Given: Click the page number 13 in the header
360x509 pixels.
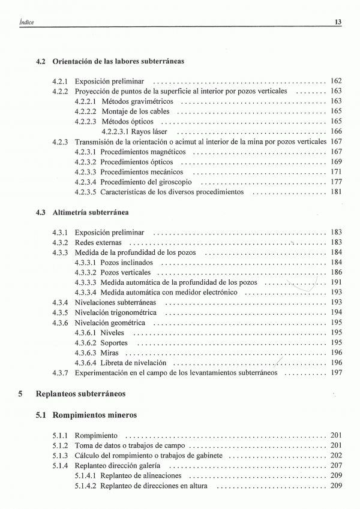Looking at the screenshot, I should pos(338,22).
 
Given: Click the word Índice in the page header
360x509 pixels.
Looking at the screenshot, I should pos(26,22).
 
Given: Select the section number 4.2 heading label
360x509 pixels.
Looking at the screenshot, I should pos(41,61).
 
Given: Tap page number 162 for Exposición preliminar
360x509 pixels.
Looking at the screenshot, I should pos(336,81).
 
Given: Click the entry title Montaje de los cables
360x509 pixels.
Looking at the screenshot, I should pos(136,111).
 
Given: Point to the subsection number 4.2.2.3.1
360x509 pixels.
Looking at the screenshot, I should pos(117,131).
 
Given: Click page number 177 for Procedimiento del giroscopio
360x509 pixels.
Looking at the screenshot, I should pos(336,182).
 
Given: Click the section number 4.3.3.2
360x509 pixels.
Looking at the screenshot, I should pos(85,272).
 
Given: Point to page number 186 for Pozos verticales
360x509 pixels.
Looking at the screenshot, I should pos(336,272).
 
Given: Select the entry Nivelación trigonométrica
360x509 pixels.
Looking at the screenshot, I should pos(115,312).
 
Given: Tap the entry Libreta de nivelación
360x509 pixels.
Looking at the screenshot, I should pos(133,362).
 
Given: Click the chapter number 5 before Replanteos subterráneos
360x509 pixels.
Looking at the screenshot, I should pos(20,394).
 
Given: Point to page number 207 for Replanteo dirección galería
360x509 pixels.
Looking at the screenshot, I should pos(336,465).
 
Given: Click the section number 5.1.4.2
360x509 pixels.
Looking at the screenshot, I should pos(85,486).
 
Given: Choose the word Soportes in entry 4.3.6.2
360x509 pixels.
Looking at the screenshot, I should pos(114,342).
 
